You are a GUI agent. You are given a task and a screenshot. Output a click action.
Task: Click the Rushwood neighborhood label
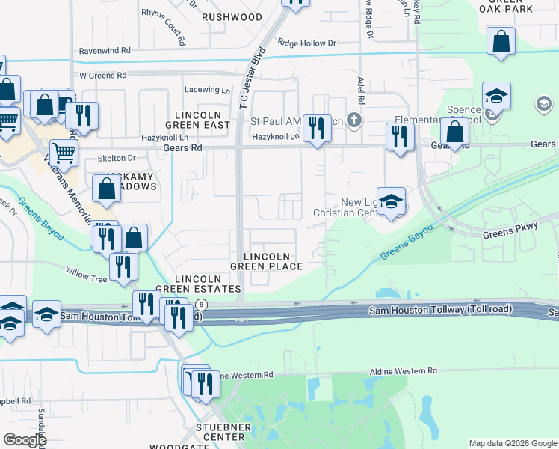click(232, 16)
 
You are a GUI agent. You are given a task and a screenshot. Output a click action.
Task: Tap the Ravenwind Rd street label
click(105, 51)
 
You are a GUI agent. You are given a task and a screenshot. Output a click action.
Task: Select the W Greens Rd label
click(104, 76)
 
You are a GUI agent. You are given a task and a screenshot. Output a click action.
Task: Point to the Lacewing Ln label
click(207, 90)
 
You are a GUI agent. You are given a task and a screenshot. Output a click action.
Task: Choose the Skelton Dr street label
click(119, 159)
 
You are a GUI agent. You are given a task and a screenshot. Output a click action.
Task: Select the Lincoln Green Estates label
click(198, 283)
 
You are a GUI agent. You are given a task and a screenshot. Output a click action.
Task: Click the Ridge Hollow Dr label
click(306, 43)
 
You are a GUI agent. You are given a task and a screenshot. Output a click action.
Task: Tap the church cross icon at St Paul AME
click(354, 120)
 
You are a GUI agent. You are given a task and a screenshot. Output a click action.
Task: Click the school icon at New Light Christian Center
click(391, 201)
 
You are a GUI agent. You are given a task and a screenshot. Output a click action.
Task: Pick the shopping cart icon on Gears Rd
click(64, 153)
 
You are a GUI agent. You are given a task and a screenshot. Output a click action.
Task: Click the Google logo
click(24, 440)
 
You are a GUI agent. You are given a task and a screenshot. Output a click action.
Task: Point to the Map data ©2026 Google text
click(513, 443)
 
